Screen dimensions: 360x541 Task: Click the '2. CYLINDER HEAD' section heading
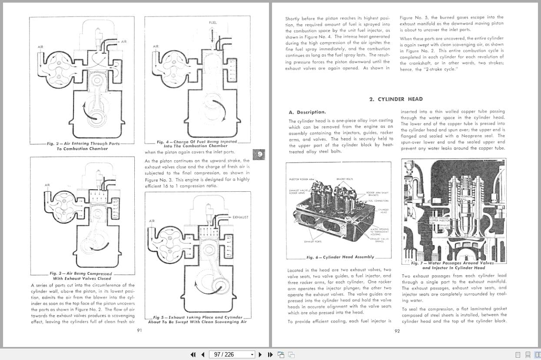[x=395, y=99]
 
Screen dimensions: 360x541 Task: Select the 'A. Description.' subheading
[x=307, y=112]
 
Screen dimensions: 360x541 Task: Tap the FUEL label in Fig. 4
[x=213, y=23]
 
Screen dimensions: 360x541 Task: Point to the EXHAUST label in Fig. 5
[x=240, y=217]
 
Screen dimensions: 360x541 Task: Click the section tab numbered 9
[x=259, y=154]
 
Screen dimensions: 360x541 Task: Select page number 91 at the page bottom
[x=139, y=330]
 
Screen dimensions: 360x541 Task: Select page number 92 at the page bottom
[x=397, y=331]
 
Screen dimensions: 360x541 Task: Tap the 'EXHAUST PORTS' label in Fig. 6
[x=312, y=241]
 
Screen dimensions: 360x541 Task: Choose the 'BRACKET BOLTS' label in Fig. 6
[x=345, y=179]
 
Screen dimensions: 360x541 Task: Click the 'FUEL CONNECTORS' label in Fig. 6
[x=378, y=201]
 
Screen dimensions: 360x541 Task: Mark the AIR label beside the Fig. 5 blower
[x=152, y=221]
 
